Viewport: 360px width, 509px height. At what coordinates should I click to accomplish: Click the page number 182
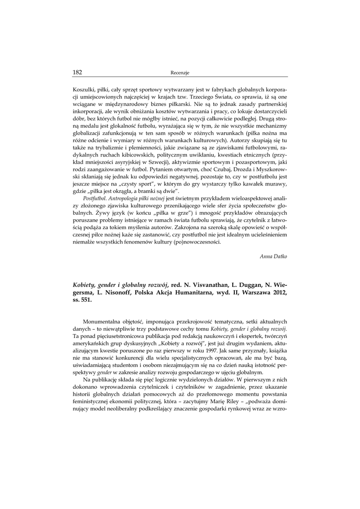click(x=77, y=72)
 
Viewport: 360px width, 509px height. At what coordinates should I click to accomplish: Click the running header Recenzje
click(x=180, y=73)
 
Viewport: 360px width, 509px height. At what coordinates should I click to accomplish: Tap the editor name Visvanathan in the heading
click(x=209, y=285)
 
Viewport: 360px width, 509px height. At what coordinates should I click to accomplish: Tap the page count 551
click(x=86, y=301)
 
